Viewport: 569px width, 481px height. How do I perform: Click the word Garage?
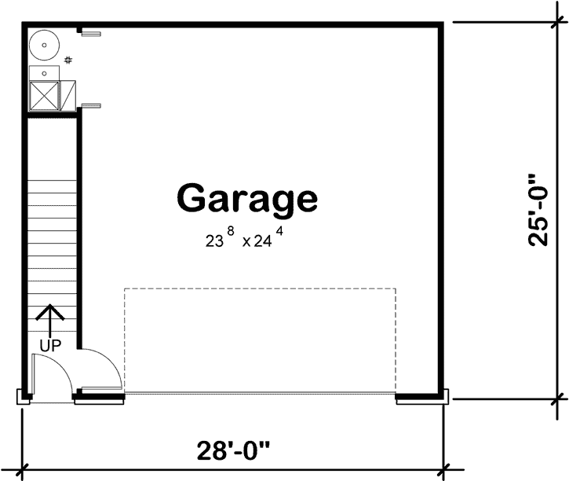pos(247,199)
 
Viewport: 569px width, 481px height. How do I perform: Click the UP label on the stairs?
pos(50,344)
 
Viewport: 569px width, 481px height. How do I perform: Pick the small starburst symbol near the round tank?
pos(69,60)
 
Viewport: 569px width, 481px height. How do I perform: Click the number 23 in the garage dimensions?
pos(214,242)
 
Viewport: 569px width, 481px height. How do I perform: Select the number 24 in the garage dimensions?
pos(263,242)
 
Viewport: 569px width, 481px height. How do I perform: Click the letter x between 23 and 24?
pos(246,243)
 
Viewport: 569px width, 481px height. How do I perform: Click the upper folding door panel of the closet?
pos(92,33)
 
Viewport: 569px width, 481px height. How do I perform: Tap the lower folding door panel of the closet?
pos(92,105)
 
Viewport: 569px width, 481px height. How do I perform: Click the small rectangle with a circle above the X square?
pos(43,73)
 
